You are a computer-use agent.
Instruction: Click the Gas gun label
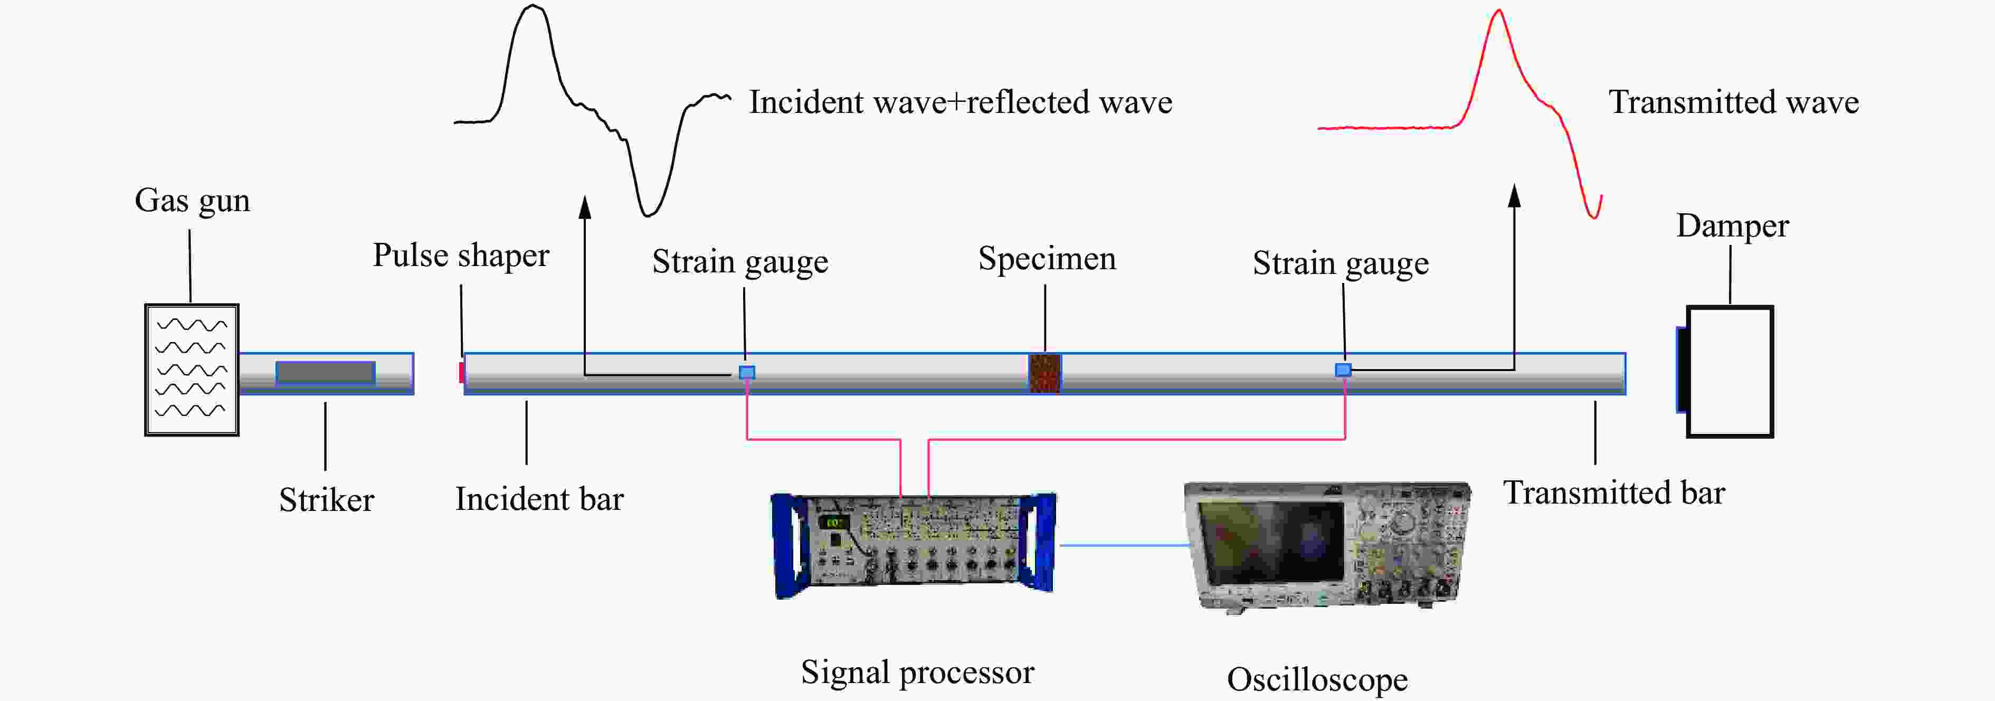pyautogui.click(x=192, y=201)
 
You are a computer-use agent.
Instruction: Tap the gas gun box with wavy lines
pyautogui.click(x=192, y=370)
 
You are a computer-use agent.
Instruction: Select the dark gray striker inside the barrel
pyautogui.click(x=325, y=373)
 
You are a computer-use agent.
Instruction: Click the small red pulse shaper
pyautogui.click(x=462, y=373)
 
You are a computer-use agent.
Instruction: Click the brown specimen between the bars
pyautogui.click(x=1045, y=373)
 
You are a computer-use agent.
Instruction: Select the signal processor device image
pyautogui.click(x=914, y=545)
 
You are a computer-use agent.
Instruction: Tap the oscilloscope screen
pyautogui.click(x=1270, y=540)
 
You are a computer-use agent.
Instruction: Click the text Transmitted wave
pyautogui.click(x=1733, y=102)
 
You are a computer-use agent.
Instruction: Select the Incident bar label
pyautogui.click(x=539, y=499)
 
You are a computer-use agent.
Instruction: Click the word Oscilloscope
pyautogui.click(x=1317, y=679)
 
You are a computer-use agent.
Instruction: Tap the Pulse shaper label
pyautogui.click(x=461, y=255)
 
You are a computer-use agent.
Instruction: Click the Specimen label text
pyautogui.click(x=1047, y=259)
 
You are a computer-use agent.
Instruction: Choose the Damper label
pyautogui.click(x=1733, y=226)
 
